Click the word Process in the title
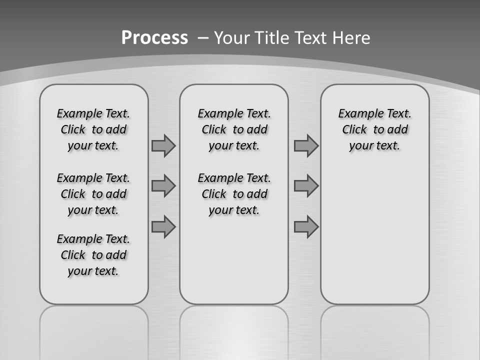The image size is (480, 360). click(154, 38)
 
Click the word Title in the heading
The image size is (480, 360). click(272, 38)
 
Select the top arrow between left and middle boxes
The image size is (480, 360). click(163, 146)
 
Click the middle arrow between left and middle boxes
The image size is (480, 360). click(163, 186)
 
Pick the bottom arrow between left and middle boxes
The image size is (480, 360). click(163, 226)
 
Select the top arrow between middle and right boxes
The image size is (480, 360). click(306, 146)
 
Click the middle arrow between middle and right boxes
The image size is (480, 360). click(306, 186)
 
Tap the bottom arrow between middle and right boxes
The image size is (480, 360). click(306, 226)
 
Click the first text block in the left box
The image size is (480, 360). click(93, 129)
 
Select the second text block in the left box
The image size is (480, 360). click(93, 194)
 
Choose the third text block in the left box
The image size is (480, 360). click(93, 255)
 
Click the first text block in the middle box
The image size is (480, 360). click(234, 129)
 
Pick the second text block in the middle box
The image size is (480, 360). click(234, 194)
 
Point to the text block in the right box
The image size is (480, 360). click(375, 129)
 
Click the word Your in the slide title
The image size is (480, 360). click(232, 38)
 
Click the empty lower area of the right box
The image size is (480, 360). click(375, 235)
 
